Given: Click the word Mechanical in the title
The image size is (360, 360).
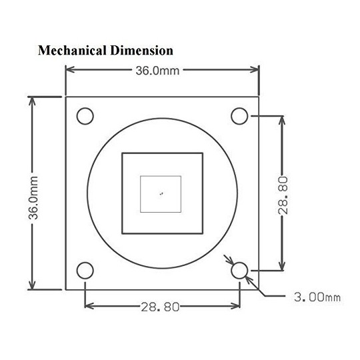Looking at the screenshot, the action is click(x=72, y=50).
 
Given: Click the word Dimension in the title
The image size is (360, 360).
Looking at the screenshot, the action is click(x=141, y=50).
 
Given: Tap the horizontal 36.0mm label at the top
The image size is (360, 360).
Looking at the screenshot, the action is click(x=157, y=71).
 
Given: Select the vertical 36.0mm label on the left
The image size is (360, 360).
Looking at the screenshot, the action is click(x=33, y=198).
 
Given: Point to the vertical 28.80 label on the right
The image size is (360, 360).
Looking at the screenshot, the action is click(x=283, y=195).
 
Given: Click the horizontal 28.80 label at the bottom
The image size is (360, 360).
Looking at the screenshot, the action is click(x=160, y=307).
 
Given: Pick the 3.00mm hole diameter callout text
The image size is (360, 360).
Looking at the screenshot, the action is click(x=317, y=297).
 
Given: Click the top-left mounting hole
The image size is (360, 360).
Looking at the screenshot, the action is click(x=85, y=116).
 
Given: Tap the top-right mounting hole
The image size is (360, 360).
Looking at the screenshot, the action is click(x=239, y=116).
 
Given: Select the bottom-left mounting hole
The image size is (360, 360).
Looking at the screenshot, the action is click(x=85, y=271).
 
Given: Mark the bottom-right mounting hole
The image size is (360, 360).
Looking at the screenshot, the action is click(x=239, y=271).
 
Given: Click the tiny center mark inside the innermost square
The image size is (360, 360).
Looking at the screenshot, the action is click(x=161, y=194).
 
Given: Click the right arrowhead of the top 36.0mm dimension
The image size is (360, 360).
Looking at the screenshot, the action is click(x=255, y=69).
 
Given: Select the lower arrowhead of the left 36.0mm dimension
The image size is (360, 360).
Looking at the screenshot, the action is click(x=32, y=285).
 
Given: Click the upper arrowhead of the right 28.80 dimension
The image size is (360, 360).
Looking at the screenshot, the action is click(x=282, y=120).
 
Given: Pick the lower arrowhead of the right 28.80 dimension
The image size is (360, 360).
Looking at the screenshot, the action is click(x=282, y=266).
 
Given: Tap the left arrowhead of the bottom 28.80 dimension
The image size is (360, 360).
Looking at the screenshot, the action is click(x=89, y=306).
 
